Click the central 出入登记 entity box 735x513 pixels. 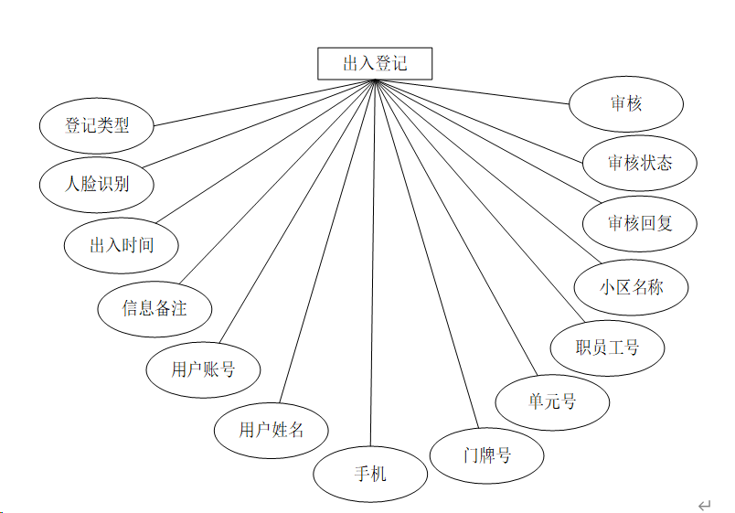click(375, 64)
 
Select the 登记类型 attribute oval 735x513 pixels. click(97, 125)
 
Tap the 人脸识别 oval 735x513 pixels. click(97, 183)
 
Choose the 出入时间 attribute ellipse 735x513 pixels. click(122, 245)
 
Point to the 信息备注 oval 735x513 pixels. click(154, 308)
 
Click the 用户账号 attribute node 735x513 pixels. click(203, 369)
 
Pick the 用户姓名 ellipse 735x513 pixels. click(271, 429)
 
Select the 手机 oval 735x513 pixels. click(370, 474)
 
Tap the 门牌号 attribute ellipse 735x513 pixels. click(487, 454)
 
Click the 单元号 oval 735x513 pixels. click(552, 401)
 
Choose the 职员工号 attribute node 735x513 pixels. click(607, 347)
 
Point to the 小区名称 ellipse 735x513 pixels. click(632, 287)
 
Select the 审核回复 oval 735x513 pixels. click(640, 223)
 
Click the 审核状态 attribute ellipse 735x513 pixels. click(640, 163)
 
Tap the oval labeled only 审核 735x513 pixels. click(626, 103)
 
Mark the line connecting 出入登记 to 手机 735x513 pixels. click(372, 274)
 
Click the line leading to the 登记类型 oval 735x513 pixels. click(265, 102)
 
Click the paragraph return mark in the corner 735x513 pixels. click(704, 505)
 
